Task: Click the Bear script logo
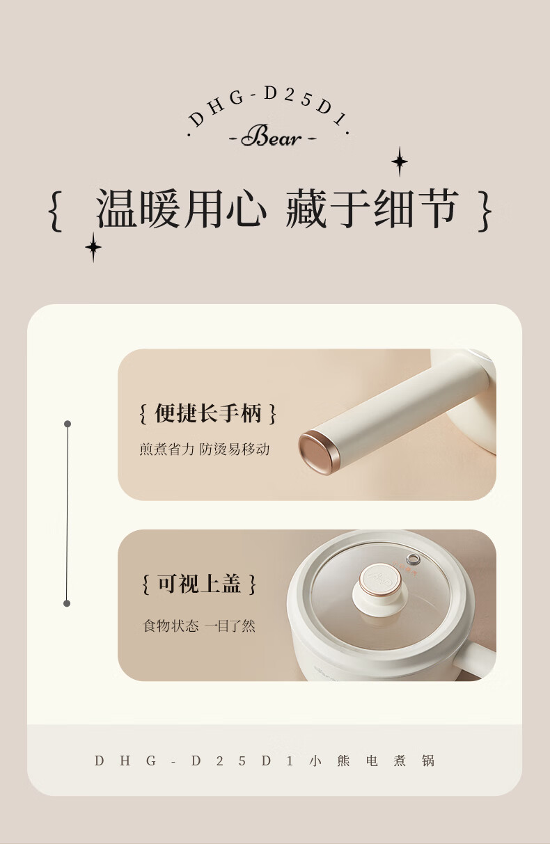(272, 136)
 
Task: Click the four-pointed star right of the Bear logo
(400, 161)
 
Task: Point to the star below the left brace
(93, 247)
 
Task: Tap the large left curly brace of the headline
(56, 211)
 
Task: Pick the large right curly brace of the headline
(485, 211)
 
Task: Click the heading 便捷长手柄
(207, 413)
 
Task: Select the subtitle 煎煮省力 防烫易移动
(204, 449)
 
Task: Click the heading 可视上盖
(199, 584)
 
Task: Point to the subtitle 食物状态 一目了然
(199, 626)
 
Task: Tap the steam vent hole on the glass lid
(413, 559)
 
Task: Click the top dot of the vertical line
(68, 424)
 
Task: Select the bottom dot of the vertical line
(67, 604)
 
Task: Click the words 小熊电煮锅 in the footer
(372, 761)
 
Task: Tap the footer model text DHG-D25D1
(194, 761)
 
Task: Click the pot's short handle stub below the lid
(476, 660)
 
